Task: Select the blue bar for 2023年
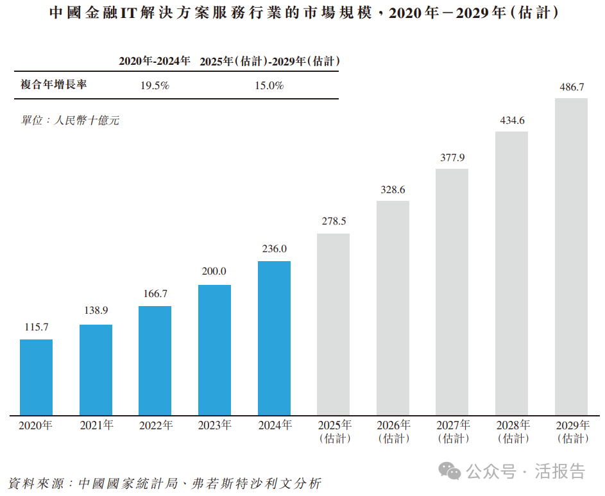coord(214,350)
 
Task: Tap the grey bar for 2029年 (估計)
coord(571,257)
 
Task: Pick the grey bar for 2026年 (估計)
coord(393,308)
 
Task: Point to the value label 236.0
coord(274,249)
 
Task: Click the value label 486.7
coord(571,86)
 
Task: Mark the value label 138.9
coord(96,311)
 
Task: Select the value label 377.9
coord(452,157)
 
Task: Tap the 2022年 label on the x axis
coord(156,425)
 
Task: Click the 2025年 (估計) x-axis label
coord(334,431)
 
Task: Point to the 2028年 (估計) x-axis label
coord(512,431)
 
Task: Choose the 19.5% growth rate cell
coord(155,85)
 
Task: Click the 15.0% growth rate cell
coord(269,85)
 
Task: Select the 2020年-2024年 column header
coord(155,61)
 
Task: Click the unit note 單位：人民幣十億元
coord(70,120)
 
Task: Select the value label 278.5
coord(333,221)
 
